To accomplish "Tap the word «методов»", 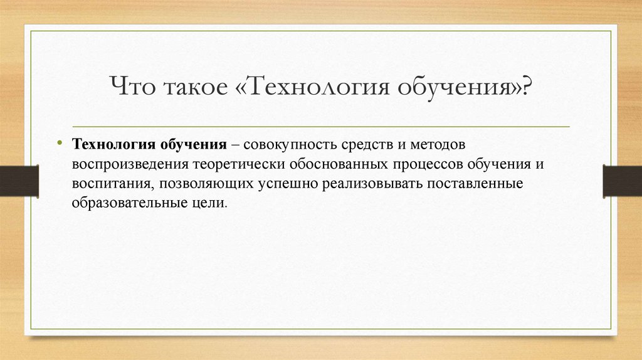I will (x=435, y=145).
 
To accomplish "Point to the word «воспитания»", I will (x=111, y=184).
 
